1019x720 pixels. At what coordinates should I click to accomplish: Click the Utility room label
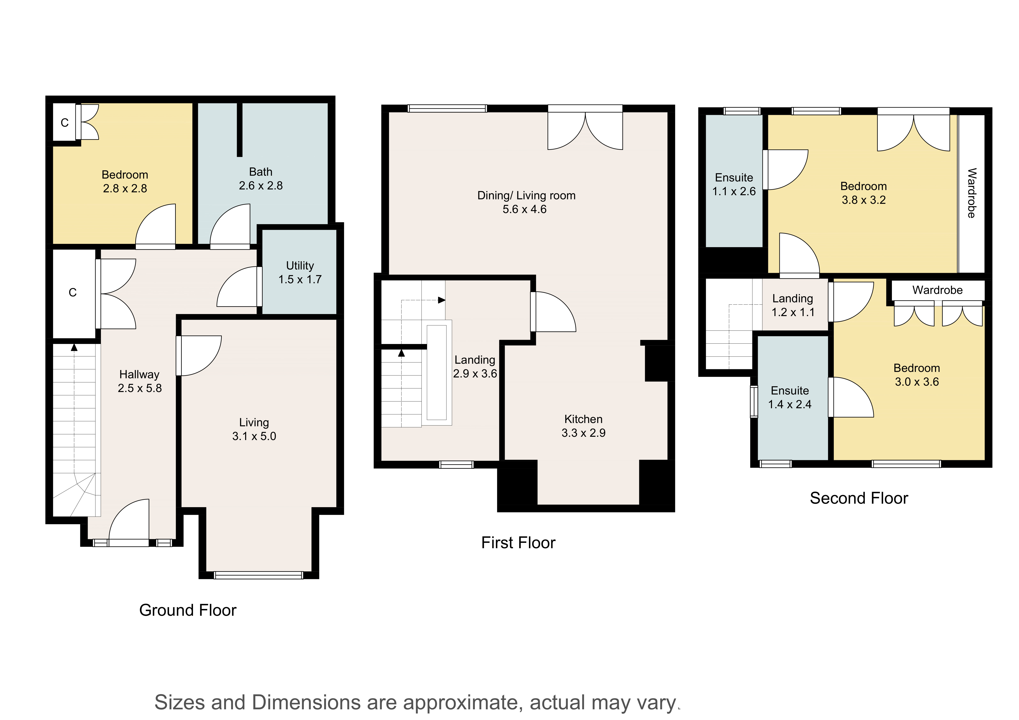(x=300, y=272)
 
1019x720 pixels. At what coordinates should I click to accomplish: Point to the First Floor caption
(x=518, y=542)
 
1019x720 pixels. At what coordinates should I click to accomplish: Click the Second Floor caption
(x=859, y=498)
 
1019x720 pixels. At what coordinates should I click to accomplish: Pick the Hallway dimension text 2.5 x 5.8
(x=140, y=388)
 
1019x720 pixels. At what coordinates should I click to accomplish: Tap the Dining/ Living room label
(x=526, y=202)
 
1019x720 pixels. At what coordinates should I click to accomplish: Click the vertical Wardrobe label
(x=972, y=193)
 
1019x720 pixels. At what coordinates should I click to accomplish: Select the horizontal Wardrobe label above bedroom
(x=937, y=290)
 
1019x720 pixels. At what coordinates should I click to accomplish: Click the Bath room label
(x=261, y=178)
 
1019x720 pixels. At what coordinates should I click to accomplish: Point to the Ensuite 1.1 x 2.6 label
(x=734, y=185)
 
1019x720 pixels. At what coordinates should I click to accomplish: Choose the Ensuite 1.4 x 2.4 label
(x=790, y=398)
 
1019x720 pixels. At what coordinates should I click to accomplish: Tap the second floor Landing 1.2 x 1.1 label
(x=793, y=305)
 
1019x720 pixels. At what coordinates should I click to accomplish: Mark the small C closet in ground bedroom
(x=65, y=123)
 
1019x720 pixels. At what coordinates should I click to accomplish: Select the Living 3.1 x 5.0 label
(x=254, y=429)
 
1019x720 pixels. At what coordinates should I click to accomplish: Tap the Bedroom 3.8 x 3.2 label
(x=864, y=193)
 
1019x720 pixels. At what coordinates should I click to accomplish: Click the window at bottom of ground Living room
(x=258, y=575)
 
